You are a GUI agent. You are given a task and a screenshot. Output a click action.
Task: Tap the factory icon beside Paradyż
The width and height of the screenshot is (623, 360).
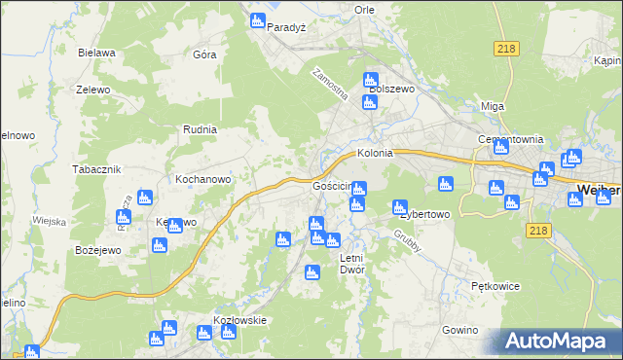pos(258,20)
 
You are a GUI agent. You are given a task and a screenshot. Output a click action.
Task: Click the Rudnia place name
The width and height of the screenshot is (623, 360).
pos(200,128)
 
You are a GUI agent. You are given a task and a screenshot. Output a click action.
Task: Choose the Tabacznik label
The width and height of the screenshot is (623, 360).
pos(95,168)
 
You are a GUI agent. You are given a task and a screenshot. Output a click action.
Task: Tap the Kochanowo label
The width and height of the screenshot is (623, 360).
pos(202,180)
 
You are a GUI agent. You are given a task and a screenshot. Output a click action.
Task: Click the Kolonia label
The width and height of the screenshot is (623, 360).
pos(375,153)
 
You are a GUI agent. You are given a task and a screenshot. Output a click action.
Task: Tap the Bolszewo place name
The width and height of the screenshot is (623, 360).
pos(392,89)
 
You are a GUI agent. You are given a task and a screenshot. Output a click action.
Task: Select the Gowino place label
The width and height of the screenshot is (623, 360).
pos(460,331)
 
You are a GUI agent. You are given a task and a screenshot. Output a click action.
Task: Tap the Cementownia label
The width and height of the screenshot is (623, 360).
pos(510,139)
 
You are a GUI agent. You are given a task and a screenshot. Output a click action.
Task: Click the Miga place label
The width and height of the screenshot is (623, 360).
pos(493,106)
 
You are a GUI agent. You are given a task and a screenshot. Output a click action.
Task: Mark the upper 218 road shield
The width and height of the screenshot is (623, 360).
pos(505,50)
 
